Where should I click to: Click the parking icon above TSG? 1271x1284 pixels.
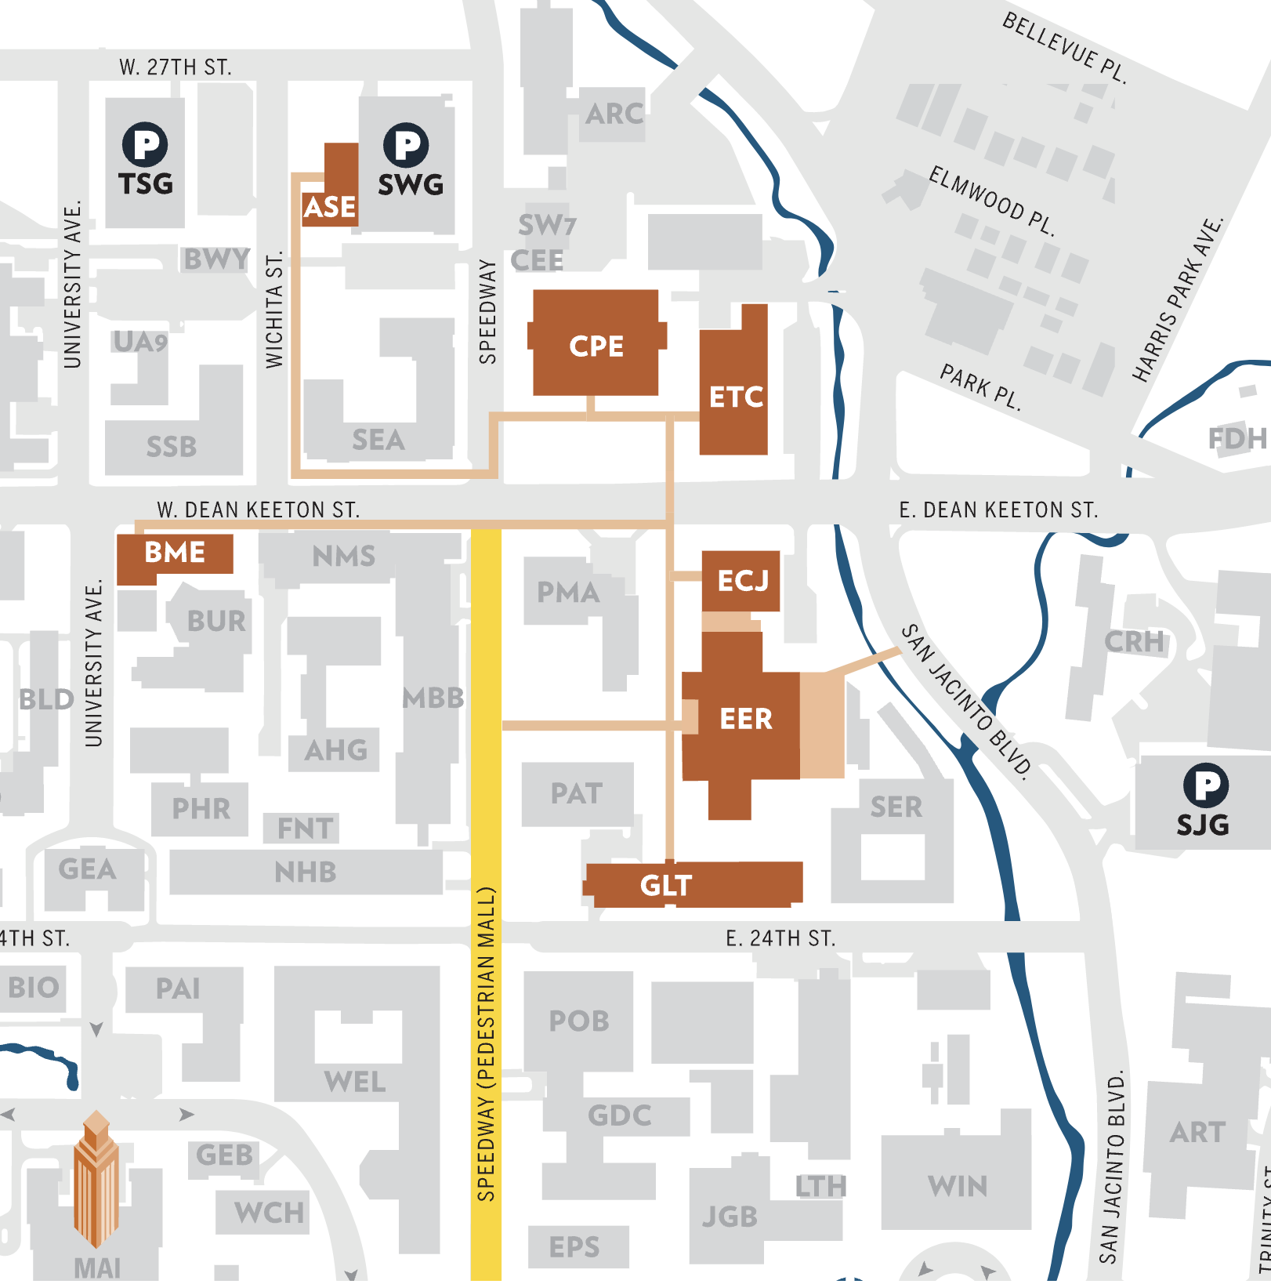click(145, 144)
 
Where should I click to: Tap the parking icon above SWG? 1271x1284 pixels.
click(406, 144)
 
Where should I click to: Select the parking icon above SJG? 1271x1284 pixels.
click(1205, 785)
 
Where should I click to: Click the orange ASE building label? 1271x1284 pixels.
click(330, 208)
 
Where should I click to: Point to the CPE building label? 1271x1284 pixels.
click(596, 346)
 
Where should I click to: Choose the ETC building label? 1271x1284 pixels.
click(736, 397)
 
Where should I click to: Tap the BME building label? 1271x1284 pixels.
click(175, 553)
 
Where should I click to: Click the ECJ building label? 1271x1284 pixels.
click(743, 581)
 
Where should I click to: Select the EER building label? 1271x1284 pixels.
click(746, 719)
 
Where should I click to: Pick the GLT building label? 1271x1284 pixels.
click(666, 886)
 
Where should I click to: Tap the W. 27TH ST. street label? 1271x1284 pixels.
click(175, 67)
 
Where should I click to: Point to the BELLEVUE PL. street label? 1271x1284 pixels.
click(1064, 48)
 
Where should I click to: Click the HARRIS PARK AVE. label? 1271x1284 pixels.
click(1177, 299)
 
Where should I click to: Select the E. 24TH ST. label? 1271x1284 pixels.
click(780, 938)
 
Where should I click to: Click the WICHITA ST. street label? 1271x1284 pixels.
click(273, 310)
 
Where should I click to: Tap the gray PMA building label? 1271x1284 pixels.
click(568, 593)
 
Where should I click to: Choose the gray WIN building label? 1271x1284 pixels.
click(958, 1186)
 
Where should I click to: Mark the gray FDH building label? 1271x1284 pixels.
click(1237, 439)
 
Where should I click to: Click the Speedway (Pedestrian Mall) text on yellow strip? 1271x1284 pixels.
click(486, 1043)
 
